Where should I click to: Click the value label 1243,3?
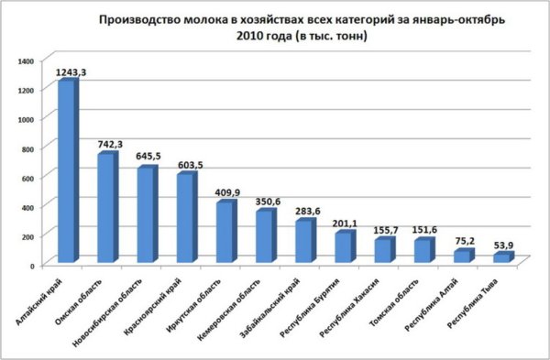[71, 71]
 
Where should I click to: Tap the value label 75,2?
[465, 241]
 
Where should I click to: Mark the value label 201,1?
[346, 223]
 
